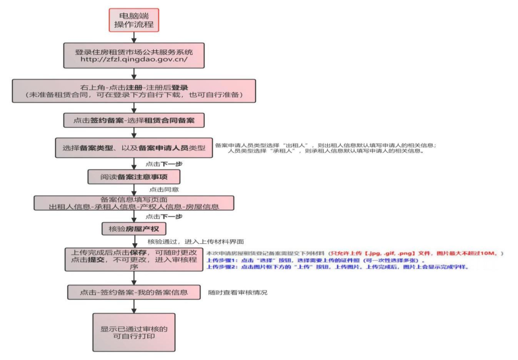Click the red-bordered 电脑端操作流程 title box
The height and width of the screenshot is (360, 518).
pos(134,20)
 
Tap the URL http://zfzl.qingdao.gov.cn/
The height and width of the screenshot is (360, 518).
pos(134,60)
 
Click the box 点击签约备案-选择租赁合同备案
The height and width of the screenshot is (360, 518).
pos(134,120)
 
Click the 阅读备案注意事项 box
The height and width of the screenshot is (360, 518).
pos(134,176)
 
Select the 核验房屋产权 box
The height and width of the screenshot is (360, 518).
pos(134,229)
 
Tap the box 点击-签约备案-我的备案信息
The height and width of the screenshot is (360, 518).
pos(134,292)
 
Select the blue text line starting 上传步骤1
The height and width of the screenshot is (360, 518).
pos(317,260)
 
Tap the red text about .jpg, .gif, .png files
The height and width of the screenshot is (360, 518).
pos(412,253)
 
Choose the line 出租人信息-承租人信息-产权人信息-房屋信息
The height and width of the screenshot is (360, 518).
pos(134,207)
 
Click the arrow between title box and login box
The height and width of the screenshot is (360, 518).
pos(134,37)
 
